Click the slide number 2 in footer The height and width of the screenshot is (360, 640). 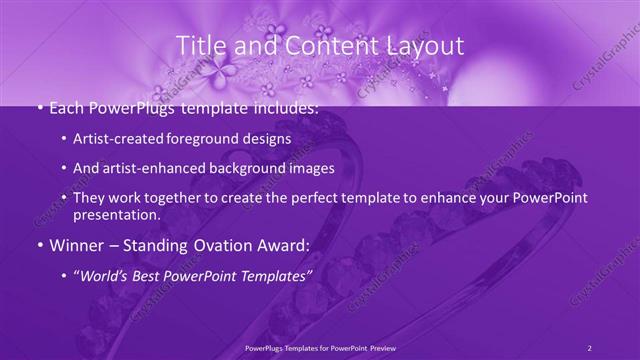point(590,347)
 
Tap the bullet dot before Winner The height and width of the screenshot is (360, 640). point(38,245)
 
